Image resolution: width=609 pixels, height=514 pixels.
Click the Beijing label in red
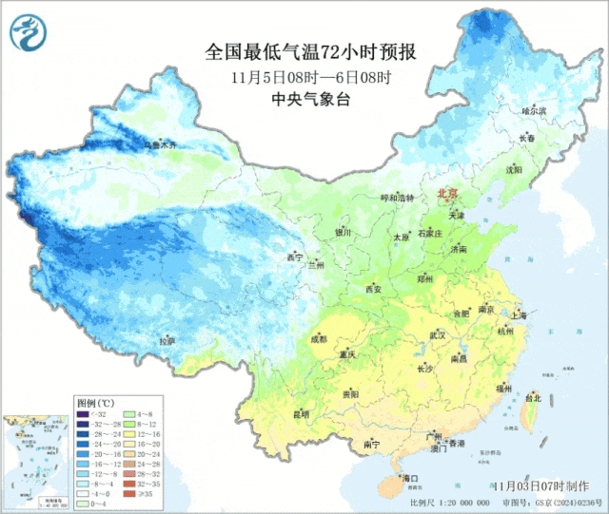click(447, 194)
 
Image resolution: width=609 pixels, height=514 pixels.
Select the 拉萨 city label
click(167, 341)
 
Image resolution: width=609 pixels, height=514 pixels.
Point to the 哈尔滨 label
click(536, 111)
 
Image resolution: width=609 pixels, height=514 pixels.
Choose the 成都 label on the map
click(318, 338)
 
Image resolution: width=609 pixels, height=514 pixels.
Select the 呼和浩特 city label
click(398, 198)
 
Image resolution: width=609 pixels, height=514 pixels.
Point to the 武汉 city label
click(438, 335)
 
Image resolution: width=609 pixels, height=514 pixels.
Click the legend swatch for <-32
click(83, 415)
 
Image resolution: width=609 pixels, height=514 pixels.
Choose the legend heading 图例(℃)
click(94, 403)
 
